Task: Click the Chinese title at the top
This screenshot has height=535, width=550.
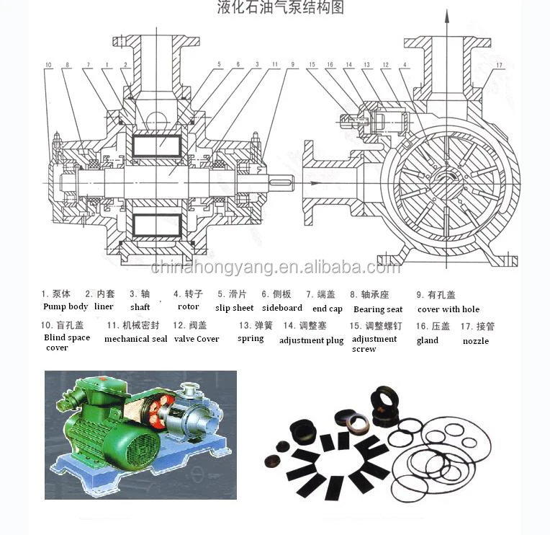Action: pos(281,8)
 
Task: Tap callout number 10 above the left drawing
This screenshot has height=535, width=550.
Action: pos(48,66)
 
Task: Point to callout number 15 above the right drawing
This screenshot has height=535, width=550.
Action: pos(312,66)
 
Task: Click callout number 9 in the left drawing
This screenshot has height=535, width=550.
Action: pos(293,66)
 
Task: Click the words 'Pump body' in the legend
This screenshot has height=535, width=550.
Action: pos(66,306)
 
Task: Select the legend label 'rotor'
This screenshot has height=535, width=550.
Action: pos(188,306)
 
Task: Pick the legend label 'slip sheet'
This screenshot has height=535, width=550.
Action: pos(234,308)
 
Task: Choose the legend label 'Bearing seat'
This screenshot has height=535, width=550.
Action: pos(378,309)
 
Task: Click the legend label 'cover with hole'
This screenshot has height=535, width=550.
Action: pos(448,309)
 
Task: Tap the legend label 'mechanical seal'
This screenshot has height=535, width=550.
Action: pos(135,339)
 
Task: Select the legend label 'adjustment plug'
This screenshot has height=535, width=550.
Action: pos(311,340)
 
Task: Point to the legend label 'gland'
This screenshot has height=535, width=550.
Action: pos(427,340)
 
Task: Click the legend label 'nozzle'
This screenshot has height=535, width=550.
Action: pos(475,340)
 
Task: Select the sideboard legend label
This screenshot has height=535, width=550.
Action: pos(281,308)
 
